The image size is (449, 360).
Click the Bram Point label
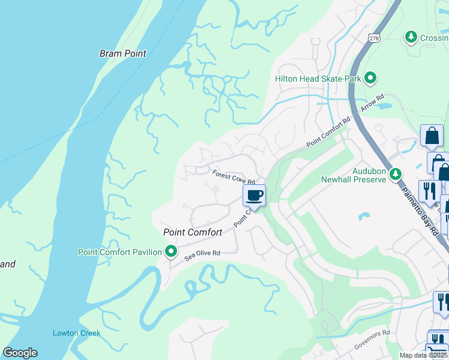click(123, 53)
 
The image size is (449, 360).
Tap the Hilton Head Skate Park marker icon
click(371, 78)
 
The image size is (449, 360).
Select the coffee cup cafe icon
click(254, 195)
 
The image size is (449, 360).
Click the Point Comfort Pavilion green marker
click(171, 252)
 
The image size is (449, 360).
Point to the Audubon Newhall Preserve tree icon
click(395, 175)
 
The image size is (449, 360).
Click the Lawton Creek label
click(76, 333)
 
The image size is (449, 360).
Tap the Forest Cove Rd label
click(234, 177)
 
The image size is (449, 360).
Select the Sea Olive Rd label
click(203, 254)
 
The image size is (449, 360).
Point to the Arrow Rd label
click(372, 104)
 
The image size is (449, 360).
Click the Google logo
click(20, 353)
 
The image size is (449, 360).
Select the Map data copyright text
click(424, 355)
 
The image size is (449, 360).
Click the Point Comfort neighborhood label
click(193, 232)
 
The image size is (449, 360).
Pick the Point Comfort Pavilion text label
click(120, 252)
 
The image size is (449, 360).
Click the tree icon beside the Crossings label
click(411, 37)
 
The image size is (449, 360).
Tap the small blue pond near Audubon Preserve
click(363, 215)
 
